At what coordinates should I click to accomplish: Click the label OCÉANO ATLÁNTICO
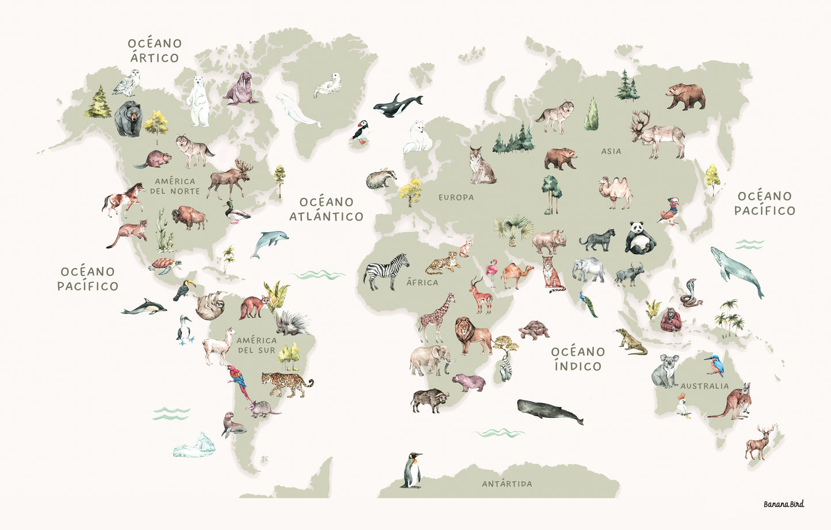click(x=326, y=209)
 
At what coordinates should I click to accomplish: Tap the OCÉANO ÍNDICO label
click(x=578, y=359)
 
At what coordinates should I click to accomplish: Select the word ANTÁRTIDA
click(x=507, y=484)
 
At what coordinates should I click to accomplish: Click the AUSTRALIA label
click(x=704, y=386)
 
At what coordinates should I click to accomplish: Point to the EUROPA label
click(x=456, y=197)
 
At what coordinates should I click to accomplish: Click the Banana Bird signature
click(x=783, y=504)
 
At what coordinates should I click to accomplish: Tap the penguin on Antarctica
click(x=411, y=470)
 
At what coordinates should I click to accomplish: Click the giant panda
click(x=639, y=238)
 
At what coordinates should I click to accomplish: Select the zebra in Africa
click(x=386, y=271)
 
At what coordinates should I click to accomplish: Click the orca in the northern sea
click(x=397, y=105)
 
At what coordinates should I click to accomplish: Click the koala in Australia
click(x=665, y=371)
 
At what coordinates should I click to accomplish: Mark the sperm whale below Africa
click(x=549, y=412)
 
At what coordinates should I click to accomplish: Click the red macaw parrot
click(x=238, y=380)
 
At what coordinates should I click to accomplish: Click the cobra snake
click(x=689, y=293)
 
